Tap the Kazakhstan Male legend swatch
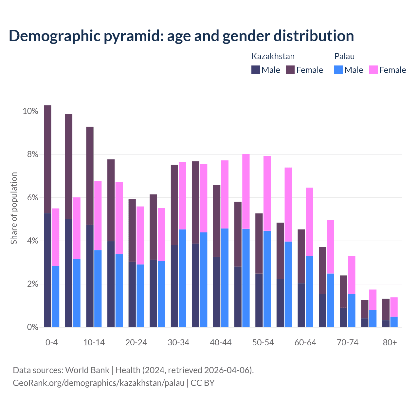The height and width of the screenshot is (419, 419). tap(256, 70)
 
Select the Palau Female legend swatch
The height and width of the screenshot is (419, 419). tap(373, 70)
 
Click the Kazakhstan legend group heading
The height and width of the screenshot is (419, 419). tap(273, 56)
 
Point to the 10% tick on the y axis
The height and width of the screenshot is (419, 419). tap(30, 111)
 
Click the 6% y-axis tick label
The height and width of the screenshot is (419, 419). tap(32, 198)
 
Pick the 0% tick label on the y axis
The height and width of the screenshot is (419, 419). tap(32, 327)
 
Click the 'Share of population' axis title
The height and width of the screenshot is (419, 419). tap(14, 208)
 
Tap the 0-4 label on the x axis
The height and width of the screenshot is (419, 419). tap(51, 342)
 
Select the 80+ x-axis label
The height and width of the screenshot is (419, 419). tap(390, 342)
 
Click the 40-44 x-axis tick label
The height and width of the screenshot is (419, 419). tap(221, 342)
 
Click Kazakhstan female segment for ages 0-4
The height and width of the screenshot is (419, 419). tap(47, 159)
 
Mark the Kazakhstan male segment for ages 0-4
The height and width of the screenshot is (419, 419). tap(47, 270)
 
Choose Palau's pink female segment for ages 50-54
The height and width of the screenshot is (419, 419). tap(267, 193)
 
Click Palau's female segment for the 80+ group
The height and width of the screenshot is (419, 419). tap(394, 307)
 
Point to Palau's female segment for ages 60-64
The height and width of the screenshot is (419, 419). tap(309, 222)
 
